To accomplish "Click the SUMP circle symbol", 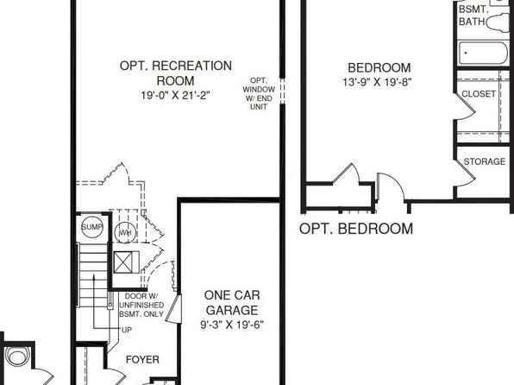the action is click(92, 227).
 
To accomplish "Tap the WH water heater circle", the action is click(126, 233).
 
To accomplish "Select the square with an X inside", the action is click(123, 262).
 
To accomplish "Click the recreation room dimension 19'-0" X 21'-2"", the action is click(175, 96).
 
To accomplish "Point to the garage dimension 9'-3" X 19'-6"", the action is click(232, 325).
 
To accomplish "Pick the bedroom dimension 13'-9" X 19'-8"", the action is click(377, 82).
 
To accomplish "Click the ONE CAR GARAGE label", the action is click(232, 302).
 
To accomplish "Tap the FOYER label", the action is click(142, 359).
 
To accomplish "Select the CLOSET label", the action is click(479, 94).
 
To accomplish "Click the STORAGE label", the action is click(485, 161).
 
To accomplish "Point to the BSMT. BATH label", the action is click(473, 16).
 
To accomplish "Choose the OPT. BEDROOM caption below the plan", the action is click(356, 229).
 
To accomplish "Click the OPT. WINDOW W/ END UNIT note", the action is click(259, 93).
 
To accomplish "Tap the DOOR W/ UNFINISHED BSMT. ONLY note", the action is click(141, 306).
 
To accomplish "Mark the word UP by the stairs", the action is click(127, 331).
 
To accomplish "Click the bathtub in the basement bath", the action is click(483, 54).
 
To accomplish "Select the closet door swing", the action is click(466, 106).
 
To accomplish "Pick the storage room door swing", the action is click(466, 173).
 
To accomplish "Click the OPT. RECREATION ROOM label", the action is click(176, 73).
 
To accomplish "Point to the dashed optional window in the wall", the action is click(282, 91).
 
